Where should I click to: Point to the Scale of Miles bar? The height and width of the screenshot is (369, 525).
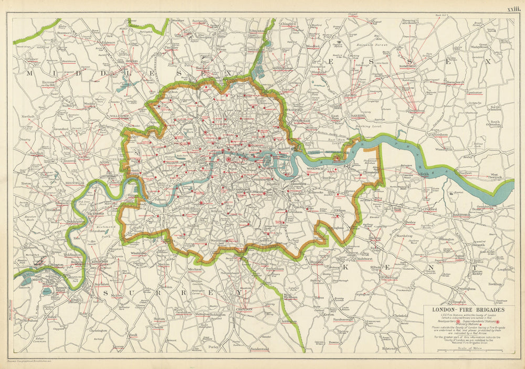pos(470,350)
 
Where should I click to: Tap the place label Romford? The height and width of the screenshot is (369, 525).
pos(407,66)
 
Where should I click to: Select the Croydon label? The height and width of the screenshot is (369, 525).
pos(245,309)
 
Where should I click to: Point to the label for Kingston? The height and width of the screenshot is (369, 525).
pos(100,261)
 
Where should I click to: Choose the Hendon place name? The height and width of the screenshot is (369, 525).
pos(132,61)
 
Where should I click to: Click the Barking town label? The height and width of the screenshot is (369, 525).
pos(358,115)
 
